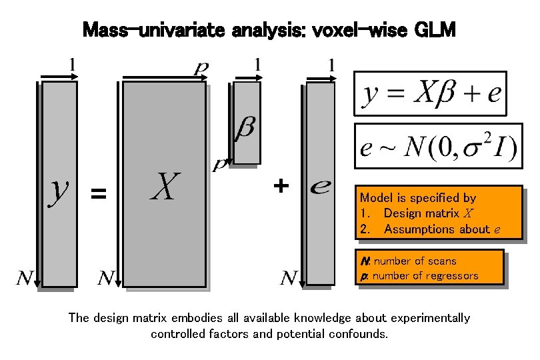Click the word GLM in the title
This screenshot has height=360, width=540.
click(435, 29)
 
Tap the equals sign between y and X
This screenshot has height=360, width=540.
click(98, 194)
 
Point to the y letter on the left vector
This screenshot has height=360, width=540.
click(59, 187)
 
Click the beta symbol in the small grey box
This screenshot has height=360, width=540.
click(246, 127)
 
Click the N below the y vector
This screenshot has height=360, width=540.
click(25, 277)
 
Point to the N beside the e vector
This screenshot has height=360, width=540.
click(289, 277)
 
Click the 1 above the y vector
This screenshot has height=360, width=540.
click(73, 65)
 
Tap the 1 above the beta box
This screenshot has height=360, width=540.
click(257, 65)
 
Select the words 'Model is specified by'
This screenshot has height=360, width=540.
click(418, 197)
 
